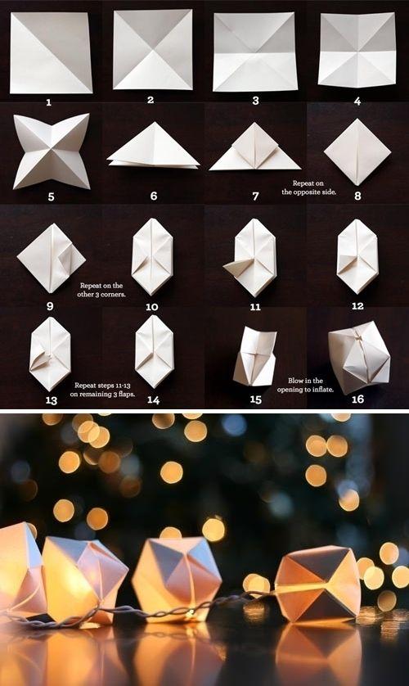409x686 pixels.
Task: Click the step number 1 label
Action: coord(49,102)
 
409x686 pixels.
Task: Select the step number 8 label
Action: coord(357,196)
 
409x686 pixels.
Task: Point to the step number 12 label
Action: coord(357,306)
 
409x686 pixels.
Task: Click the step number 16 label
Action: coord(357,399)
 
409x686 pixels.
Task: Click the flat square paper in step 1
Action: coord(51,52)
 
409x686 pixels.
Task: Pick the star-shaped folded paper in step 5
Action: coord(51,151)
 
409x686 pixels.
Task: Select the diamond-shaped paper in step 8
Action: coord(357,151)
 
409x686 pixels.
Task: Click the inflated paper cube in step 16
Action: coord(358,356)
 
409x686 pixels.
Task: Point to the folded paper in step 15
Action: coord(254,357)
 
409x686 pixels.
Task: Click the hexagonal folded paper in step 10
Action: coord(152,256)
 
